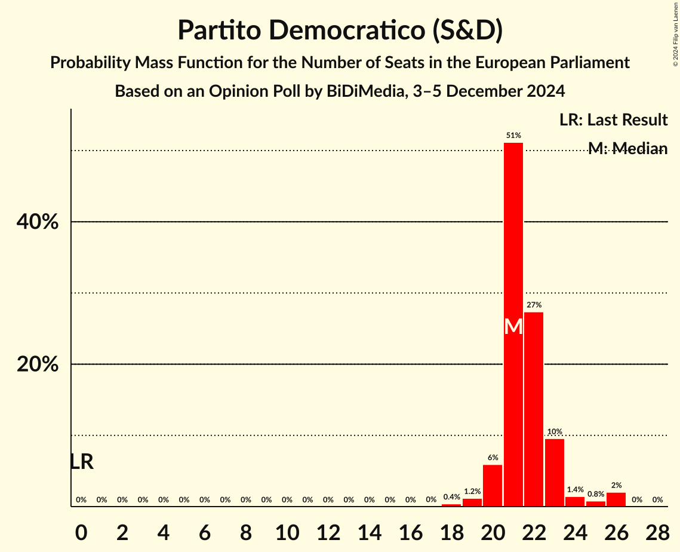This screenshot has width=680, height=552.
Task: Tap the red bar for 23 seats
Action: [555, 473]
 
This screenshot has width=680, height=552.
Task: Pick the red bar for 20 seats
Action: [493, 486]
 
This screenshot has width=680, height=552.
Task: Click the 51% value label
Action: [513, 136]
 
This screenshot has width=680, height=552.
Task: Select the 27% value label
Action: [534, 305]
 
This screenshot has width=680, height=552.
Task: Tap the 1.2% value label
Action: [472, 492]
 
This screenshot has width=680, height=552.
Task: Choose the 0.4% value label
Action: [451, 496]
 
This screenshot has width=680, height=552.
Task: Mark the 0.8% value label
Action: [595, 494]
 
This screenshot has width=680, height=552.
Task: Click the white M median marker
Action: [513, 326]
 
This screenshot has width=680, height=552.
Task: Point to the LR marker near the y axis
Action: [82, 462]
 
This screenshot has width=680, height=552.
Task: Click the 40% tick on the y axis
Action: [37, 222]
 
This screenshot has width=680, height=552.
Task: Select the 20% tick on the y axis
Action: [37, 364]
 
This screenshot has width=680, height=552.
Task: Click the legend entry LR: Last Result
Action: [613, 120]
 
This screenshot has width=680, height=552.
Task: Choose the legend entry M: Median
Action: [627, 149]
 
